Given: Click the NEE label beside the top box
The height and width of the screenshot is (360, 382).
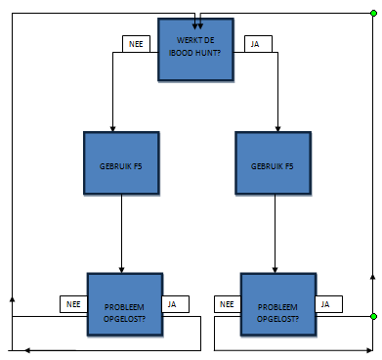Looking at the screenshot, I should pyautogui.click(x=136, y=44).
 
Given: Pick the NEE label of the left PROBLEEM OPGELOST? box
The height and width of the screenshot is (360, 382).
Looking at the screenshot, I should pyautogui.click(x=73, y=304).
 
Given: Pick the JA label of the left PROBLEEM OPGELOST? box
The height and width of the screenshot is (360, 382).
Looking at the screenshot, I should pyautogui.click(x=174, y=304).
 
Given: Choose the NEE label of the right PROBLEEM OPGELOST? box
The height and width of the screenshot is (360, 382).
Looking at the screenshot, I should pyautogui.click(x=227, y=304).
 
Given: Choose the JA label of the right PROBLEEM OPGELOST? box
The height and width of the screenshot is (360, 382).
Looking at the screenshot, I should pyautogui.click(x=327, y=304).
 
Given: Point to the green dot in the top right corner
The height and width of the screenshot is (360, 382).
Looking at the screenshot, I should pyautogui.click(x=372, y=14).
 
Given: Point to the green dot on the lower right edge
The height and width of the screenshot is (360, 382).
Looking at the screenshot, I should pyautogui.click(x=372, y=317).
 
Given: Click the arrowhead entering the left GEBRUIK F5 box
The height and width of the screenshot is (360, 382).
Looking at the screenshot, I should pyautogui.click(x=113, y=128).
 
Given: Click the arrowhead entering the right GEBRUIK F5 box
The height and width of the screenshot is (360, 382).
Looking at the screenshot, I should pyautogui.click(x=278, y=128).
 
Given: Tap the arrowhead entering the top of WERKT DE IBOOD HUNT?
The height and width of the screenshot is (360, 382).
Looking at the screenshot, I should pyautogui.click(x=198, y=15).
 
